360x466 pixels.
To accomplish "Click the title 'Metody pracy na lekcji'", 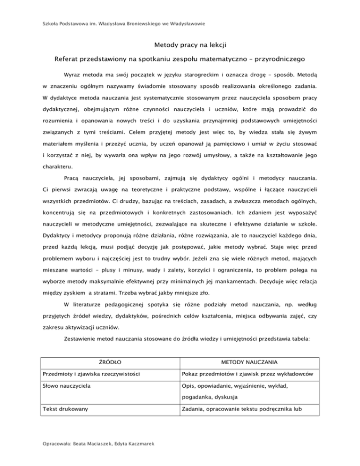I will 180,45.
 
